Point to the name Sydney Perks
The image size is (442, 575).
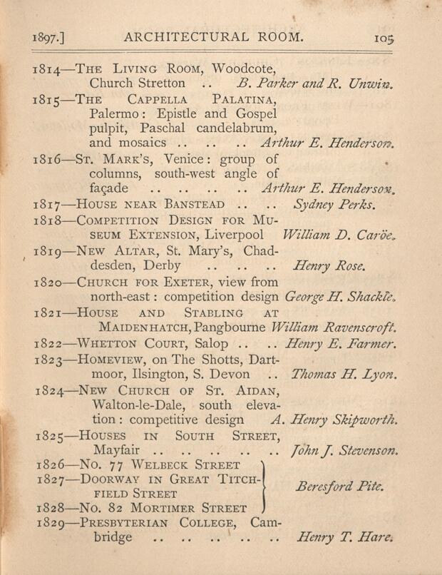(335, 205)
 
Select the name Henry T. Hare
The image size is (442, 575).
(344, 537)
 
